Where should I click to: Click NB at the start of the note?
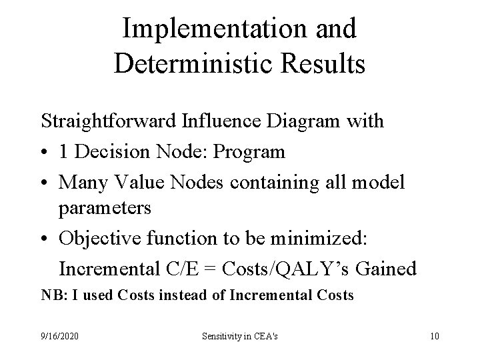pyautogui.click(x=50, y=295)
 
